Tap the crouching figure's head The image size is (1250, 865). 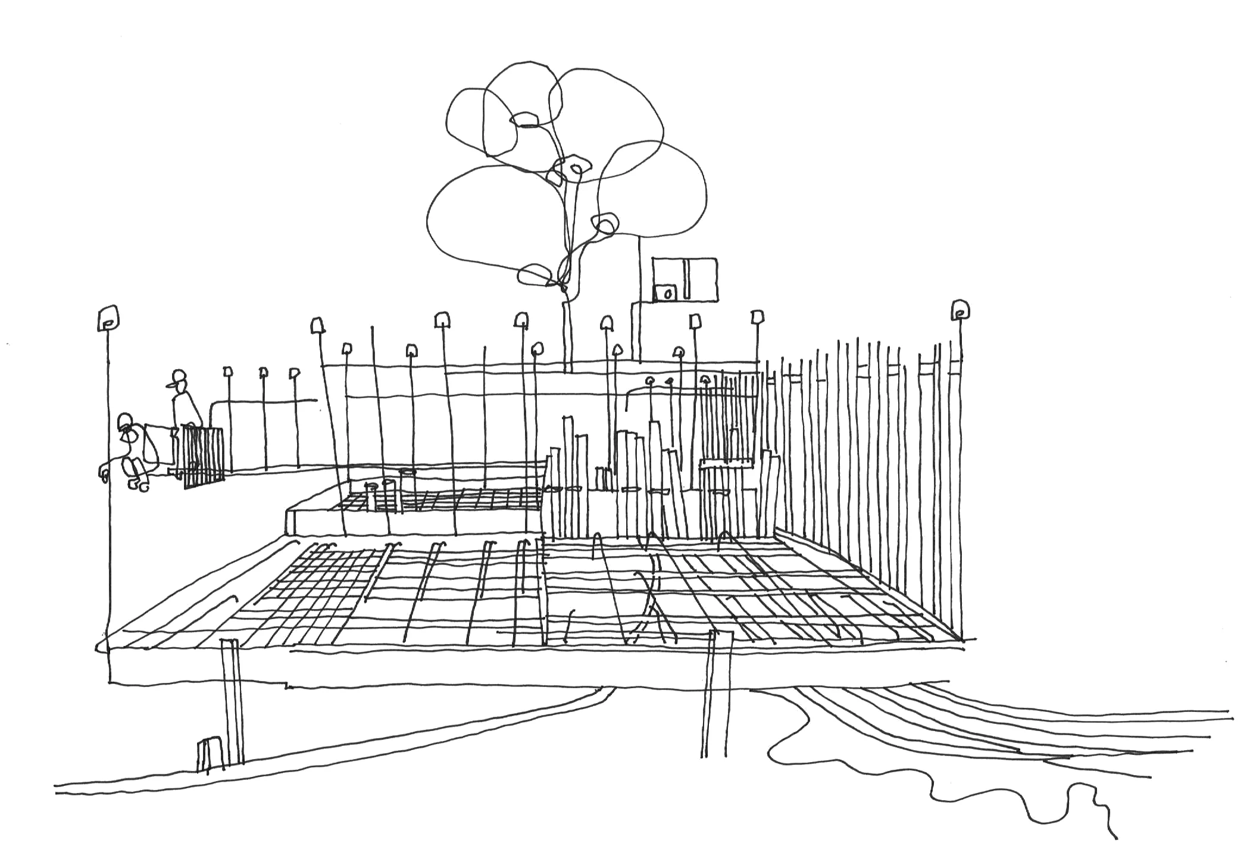[x=125, y=423]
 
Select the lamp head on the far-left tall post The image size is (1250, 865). [x=108, y=318]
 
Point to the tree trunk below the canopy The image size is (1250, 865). [x=567, y=333]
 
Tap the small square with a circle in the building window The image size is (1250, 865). [x=665, y=293]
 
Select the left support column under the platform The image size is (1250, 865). [x=232, y=702]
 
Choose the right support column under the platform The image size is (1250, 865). [x=714, y=697]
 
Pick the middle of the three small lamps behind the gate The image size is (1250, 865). [x=263, y=373]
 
